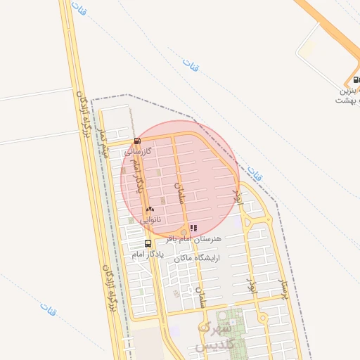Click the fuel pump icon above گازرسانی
coord(136,140)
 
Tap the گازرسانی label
coord(139,151)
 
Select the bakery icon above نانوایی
coord(150,210)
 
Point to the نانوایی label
coord(150,220)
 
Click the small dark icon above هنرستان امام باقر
coord(193,228)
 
